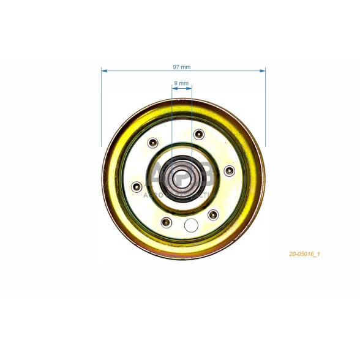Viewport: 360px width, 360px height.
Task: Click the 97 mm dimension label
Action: tap(182, 66)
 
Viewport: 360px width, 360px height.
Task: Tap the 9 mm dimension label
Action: tap(181, 82)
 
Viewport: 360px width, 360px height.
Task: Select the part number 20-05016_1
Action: tap(305, 253)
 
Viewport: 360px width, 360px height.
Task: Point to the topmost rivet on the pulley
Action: tap(198, 134)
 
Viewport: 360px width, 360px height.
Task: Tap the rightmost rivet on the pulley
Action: tap(229, 170)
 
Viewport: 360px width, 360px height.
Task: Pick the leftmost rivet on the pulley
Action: tap(137, 186)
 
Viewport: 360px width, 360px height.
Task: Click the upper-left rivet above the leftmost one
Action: tap(152, 143)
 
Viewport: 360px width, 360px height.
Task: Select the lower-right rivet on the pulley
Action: tap(213, 214)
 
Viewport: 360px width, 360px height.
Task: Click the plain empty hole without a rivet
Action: tap(190, 226)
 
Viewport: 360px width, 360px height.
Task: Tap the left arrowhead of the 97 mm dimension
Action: tap(104, 70)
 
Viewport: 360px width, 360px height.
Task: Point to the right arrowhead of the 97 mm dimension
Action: tap(263, 70)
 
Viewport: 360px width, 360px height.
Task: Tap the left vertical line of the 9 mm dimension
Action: tap(172, 122)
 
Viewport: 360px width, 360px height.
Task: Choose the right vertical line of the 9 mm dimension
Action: tap(192, 122)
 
